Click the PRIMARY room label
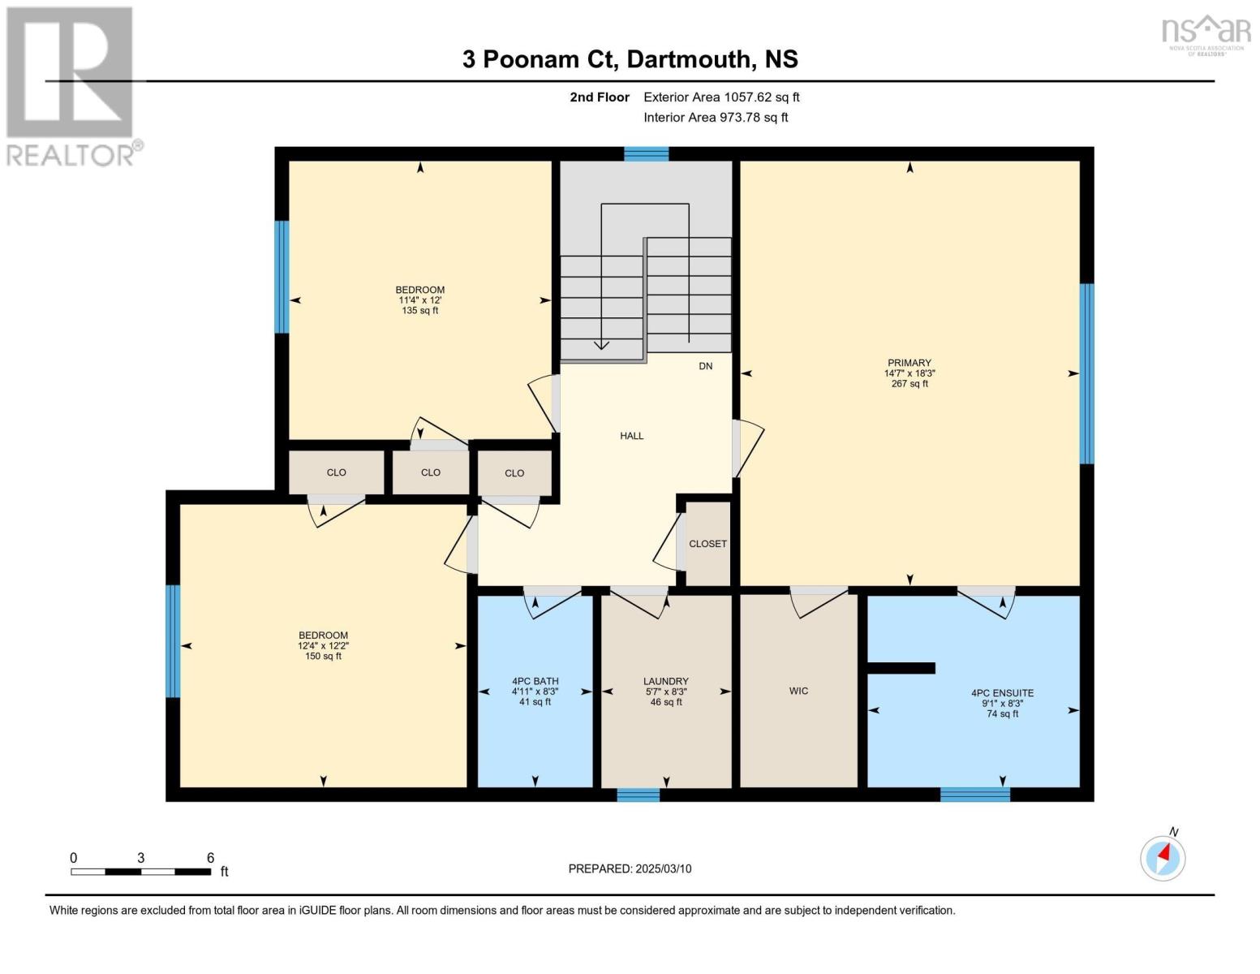(909, 363)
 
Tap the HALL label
(631, 436)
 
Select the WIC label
(798, 691)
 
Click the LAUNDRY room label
(665, 682)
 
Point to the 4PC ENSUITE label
(1002, 693)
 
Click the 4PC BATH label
(535, 682)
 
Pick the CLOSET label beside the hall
(707, 544)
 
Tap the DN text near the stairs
(705, 366)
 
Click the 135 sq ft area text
(419, 310)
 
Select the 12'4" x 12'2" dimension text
(323, 646)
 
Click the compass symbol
(1163, 857)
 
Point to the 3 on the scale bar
(141, 858)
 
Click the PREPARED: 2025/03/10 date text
(630, 868)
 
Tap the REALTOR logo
(71, 85)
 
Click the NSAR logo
(1206, 34)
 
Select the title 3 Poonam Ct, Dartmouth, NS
(630, 59)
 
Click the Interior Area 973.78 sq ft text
(716, 117)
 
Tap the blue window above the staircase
(646, 154)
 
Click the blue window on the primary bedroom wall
(1086, 373)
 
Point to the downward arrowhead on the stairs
(601, 345)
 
